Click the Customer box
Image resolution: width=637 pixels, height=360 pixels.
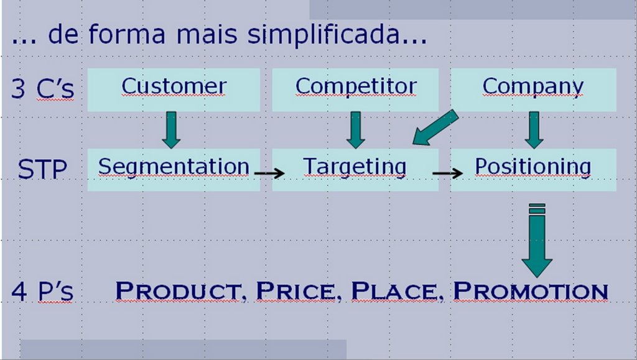[174, 90]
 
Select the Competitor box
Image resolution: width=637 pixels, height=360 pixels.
[355, 90]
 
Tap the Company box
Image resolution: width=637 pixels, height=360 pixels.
[533, 90]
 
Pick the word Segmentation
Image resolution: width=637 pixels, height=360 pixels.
[174, 167]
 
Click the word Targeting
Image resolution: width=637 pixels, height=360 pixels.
[355, 167]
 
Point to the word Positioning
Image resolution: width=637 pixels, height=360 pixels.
[533, 167]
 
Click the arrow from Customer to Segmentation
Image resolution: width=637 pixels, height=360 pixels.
[171, 130]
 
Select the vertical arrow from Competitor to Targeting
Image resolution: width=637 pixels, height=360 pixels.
[355, 130]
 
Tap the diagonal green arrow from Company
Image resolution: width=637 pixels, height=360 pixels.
[435, 127]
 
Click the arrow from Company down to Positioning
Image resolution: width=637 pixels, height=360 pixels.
[534, 130]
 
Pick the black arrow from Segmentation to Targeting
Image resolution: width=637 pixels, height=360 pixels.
[269, 173]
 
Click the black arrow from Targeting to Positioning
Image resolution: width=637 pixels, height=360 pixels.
[448, 173]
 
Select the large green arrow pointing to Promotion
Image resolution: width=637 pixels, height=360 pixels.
[537, 240]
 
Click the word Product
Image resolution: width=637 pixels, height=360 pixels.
[179, 292]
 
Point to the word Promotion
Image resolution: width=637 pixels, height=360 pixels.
[531, 292]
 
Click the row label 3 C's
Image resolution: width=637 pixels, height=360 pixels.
[43, 88]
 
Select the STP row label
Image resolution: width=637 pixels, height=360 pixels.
[42, 169]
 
